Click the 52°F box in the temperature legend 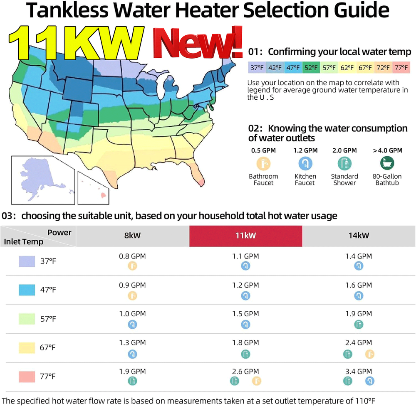click(x=311, y=67)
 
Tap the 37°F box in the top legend click(x=256, y=67)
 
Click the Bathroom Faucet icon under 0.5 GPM click(x=263, y=163)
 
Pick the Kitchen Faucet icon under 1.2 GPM click(x=305, y=163)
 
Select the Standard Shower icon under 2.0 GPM click(x=344, y=163)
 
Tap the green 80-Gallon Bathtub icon click(x=387, y=163)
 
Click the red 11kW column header click(x=245, y=236)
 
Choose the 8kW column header click(x=133, y=236)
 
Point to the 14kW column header click(x=358, y=236)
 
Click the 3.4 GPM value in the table click(x=358, y=371)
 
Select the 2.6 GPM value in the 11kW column click(x=245, y=371)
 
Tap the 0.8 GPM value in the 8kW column click(x=132, y=256)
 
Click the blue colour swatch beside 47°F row click(x=27, y=290)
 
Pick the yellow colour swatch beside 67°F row click(x=27, y=347)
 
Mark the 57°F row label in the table click(x=48, y=319)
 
